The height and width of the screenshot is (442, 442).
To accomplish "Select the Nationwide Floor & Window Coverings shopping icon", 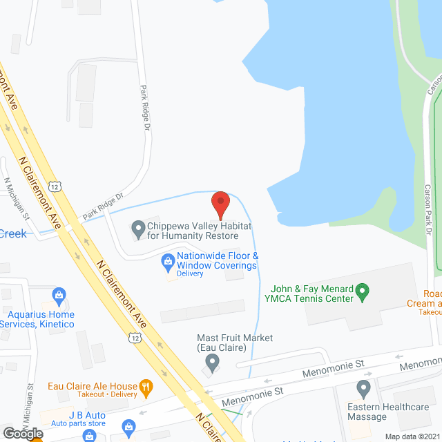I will pyautogui.click(x=167, y=261).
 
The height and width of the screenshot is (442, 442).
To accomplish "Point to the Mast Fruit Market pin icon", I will pyautogui.click(x=213, y=361).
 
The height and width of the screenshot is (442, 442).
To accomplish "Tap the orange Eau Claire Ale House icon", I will pyautogui.click(x=145, y=387).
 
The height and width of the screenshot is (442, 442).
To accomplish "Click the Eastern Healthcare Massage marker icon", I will pyautogui.click(x=364, y=387).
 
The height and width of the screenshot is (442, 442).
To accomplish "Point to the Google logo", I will pyautogui.click(x=22, y=433).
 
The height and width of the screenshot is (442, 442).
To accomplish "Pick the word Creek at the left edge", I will pyautogui.click(x=13, y=233).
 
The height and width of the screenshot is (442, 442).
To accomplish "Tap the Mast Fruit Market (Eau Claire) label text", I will pyautogui.click(x=225, y=343).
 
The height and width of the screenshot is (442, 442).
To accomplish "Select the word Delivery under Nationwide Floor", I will pyautogui.click(x=190, y=273).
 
